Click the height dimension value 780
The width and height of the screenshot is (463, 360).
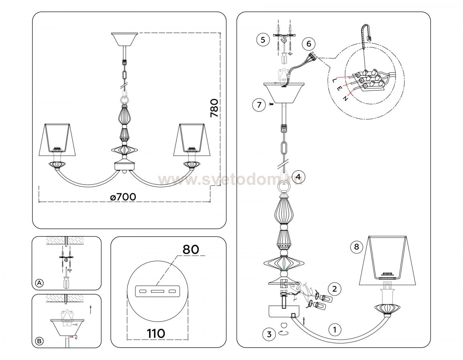click(214, 108)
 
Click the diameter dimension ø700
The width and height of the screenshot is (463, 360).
click(123, 197)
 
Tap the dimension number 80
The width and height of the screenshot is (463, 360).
click(191, 249)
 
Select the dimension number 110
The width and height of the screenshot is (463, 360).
click(156, 333)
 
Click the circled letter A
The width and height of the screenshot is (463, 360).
click(40, 283)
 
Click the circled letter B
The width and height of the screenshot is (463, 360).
click(39, 341)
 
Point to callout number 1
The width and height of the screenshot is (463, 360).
click(335, 330)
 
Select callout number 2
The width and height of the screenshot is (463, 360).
click(335, 289)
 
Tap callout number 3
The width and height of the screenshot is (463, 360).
click(269, 334)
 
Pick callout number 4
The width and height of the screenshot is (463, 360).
click(298, 177)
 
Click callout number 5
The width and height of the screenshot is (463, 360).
click(263, 39)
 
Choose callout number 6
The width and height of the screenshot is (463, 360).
click(309, 43)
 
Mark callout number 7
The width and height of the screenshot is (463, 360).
click(259, 105)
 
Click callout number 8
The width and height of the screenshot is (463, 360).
click(357, 247)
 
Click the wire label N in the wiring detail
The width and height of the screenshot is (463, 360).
click(345, 98)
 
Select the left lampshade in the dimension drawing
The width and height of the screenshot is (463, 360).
click(57, 140)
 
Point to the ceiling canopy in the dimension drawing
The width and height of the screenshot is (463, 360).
click(124, 39)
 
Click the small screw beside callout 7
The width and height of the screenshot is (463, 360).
click(271, 104)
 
